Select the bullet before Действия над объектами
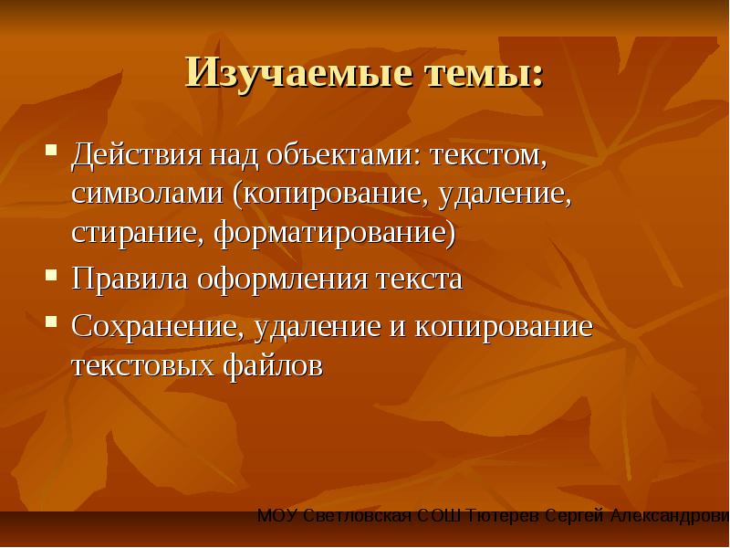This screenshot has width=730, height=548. point(51,150)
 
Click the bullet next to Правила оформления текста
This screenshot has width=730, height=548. point(51,275)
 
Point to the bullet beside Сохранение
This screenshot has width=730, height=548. point(51,321)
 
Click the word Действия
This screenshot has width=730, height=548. point(137,154)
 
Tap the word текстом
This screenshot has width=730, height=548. point(488,156)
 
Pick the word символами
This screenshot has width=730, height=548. point(148,195)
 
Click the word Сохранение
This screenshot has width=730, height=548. point(158,326)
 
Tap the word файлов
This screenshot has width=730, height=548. point(272,364)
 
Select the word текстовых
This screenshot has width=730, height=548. point(143,366)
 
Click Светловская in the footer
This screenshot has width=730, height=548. point(358,516)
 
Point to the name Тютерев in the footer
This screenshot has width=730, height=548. point(502,516)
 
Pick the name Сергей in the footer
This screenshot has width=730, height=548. point(574,516)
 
